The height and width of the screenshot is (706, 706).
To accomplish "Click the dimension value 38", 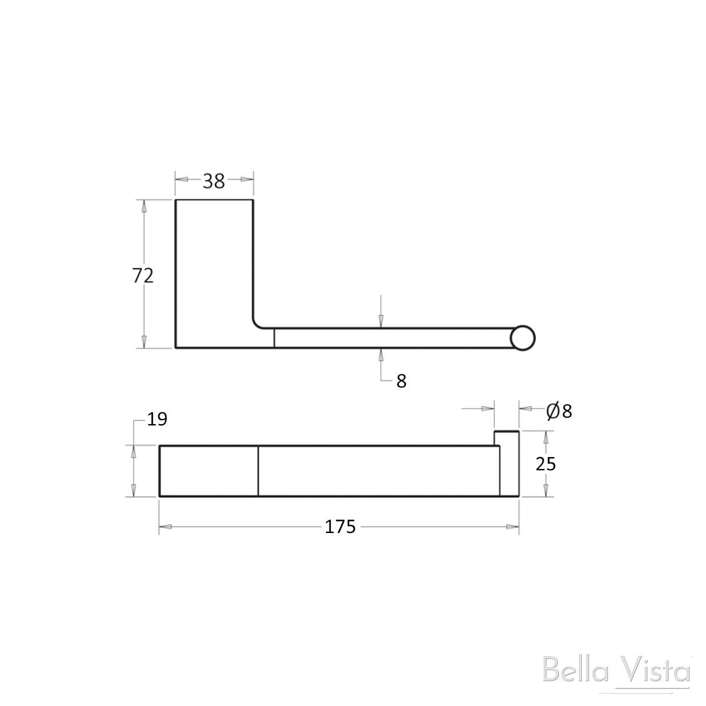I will (x=214, y=181).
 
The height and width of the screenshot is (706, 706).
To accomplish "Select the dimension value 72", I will (x=143, y=275).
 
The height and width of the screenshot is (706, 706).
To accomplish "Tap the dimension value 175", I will (x=341, y=527).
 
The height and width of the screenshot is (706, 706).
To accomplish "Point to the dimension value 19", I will (x=157, y=419).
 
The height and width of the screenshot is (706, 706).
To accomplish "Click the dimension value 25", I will (x=546, y=464).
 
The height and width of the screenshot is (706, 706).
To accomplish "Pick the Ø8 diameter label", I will (x=559, y=411).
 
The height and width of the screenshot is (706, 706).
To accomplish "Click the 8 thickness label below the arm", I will (x=401, y=381).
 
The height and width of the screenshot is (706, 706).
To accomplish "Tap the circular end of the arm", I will (x=522, y=339).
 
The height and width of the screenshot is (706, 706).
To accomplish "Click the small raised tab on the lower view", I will (x=506, y=438).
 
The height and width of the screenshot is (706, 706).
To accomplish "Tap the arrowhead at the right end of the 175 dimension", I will (x=513, y=527).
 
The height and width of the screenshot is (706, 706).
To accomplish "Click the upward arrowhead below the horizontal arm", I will (x=381, y=355).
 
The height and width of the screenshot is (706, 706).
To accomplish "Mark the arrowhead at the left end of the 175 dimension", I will (x=165, y=527).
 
